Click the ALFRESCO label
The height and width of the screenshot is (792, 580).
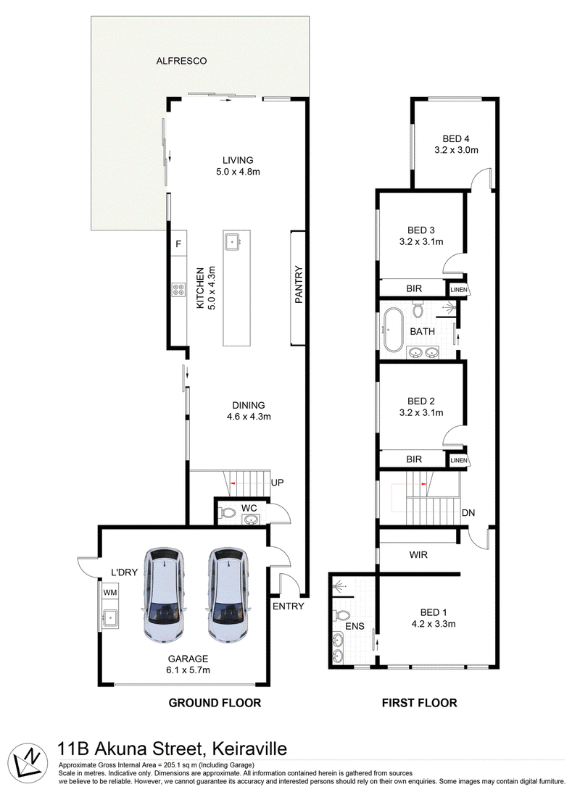click(x=181, y=61)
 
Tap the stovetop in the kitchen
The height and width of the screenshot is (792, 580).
click(x=178, y=289)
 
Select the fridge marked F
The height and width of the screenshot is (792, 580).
click(x=178, y=244)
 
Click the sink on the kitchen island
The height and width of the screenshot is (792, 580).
click(x=233, y=241)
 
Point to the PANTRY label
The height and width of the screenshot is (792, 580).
click(x=299, y=284)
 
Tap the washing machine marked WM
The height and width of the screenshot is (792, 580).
click(x=109, y=591)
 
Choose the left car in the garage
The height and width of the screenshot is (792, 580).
click(x=164, y=596)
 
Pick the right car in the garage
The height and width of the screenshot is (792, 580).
click(x=228, y=596)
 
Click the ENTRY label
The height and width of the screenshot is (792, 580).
click(x=288, y=606)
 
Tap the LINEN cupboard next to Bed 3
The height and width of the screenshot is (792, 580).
click(x=459, y=289)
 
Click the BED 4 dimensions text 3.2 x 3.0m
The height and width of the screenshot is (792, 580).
click(x=456, y=150)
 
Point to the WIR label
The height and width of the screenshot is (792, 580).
click(x=418, y=554)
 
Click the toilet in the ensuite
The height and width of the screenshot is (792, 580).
click(x=341, y=616)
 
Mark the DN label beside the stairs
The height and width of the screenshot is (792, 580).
click(x=468, y=513)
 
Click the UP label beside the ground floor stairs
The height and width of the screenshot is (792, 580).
click(x=278, y=483)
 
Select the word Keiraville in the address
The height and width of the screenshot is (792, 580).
click(x=249, y=748)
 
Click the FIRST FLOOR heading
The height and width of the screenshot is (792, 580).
click(x=419, y=703)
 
